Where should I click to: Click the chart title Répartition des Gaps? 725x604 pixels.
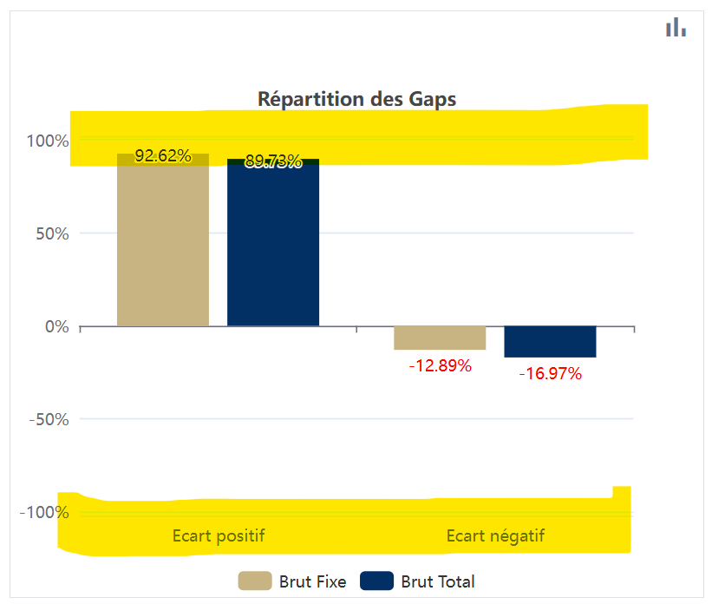pyautogui.click(x=356, y=99)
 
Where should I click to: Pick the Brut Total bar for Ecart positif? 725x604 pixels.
pyautogui.click(x=273, y=247)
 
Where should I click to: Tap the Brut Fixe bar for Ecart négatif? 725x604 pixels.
pyautogui.click(x=440, y=338)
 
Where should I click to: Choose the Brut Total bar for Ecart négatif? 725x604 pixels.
pyautogui.click(x=550, y=341)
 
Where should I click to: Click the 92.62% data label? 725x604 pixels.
pyautogui.click(x=163, y=156)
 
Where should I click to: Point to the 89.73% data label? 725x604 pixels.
pyautogui.click(x=273, y=161)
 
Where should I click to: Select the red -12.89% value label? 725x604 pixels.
pyautogui.click(x=440, y=365)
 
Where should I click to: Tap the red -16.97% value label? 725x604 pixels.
pyautogui.click(x=550, y=374)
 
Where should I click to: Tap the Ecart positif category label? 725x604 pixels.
pyautogui.click(x=219, y=535)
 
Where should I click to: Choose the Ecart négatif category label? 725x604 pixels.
pyautogui.click(x=495, y=535)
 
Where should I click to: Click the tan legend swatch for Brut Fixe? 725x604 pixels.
pyautogui.click(x=255, y=581)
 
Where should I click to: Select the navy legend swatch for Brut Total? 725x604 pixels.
pyautogui.click(x=376, y=581)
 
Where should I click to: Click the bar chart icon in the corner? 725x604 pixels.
pyautogui.click(x=676, y=28)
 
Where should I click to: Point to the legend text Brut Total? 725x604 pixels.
pyautogui.click(x=438, y=581)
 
